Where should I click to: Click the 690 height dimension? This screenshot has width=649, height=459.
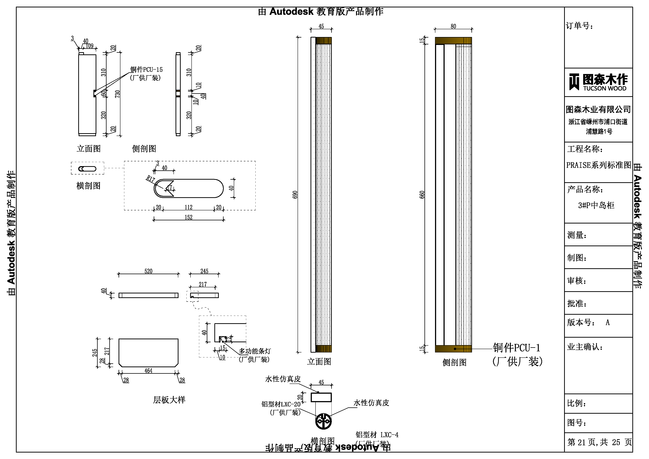295,195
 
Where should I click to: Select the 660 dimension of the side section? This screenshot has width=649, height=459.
422,195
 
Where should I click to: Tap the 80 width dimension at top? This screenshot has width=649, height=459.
453,26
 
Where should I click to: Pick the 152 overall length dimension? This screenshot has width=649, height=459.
188,217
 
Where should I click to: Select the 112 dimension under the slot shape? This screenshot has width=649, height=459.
188,207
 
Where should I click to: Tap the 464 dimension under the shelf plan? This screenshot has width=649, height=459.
148,371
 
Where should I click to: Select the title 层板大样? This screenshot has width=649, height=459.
169,400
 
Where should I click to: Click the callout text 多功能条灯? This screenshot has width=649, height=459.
255,351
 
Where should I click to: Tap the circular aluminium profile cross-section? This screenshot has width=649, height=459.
323,421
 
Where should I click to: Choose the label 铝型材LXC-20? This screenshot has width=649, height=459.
281,404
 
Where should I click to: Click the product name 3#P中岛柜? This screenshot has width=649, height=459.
596,205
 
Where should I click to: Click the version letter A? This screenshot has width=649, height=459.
607,322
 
